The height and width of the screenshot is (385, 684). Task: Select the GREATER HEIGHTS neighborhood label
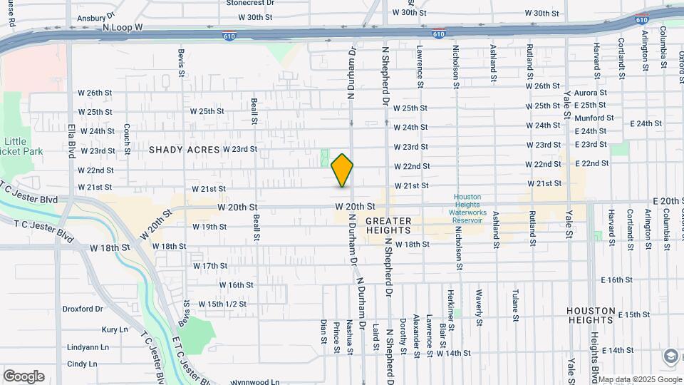[388, 226]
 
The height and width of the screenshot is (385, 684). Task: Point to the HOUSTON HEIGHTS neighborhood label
[590, 317]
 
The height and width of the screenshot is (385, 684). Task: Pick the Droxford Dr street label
[83, 309]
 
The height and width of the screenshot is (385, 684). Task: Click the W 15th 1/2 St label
[222, 304]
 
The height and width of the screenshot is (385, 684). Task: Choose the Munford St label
[594, 118]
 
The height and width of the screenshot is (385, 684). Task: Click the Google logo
[24, 376]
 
